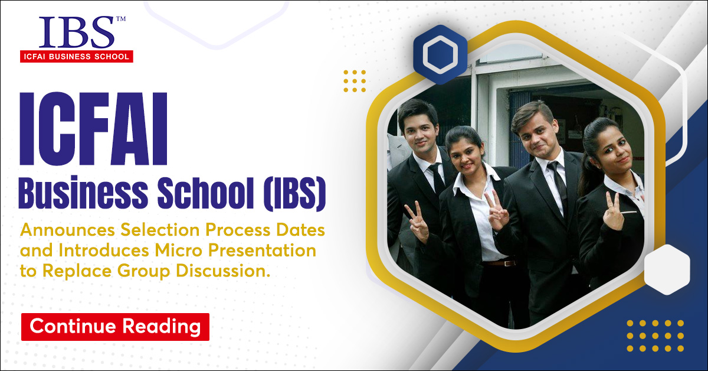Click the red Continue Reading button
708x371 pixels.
point(115,327)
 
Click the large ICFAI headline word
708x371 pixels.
point(94,129)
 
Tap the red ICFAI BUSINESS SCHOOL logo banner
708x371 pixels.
point(77,56)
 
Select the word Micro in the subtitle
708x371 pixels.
point(178,250)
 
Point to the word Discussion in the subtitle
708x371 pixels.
point(223,271)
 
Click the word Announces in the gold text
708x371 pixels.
point(67,230)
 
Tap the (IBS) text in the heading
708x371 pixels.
point(294,193)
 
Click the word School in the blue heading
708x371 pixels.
point(205,193)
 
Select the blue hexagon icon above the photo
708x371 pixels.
point(440,54)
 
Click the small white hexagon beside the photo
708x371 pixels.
point(667,269)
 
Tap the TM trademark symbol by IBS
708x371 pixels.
point(121,19)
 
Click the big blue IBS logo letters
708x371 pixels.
point(76,32)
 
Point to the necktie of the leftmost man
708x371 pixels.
point(438,179)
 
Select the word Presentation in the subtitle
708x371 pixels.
point(262,250)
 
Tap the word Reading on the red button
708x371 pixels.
point(162,327)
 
